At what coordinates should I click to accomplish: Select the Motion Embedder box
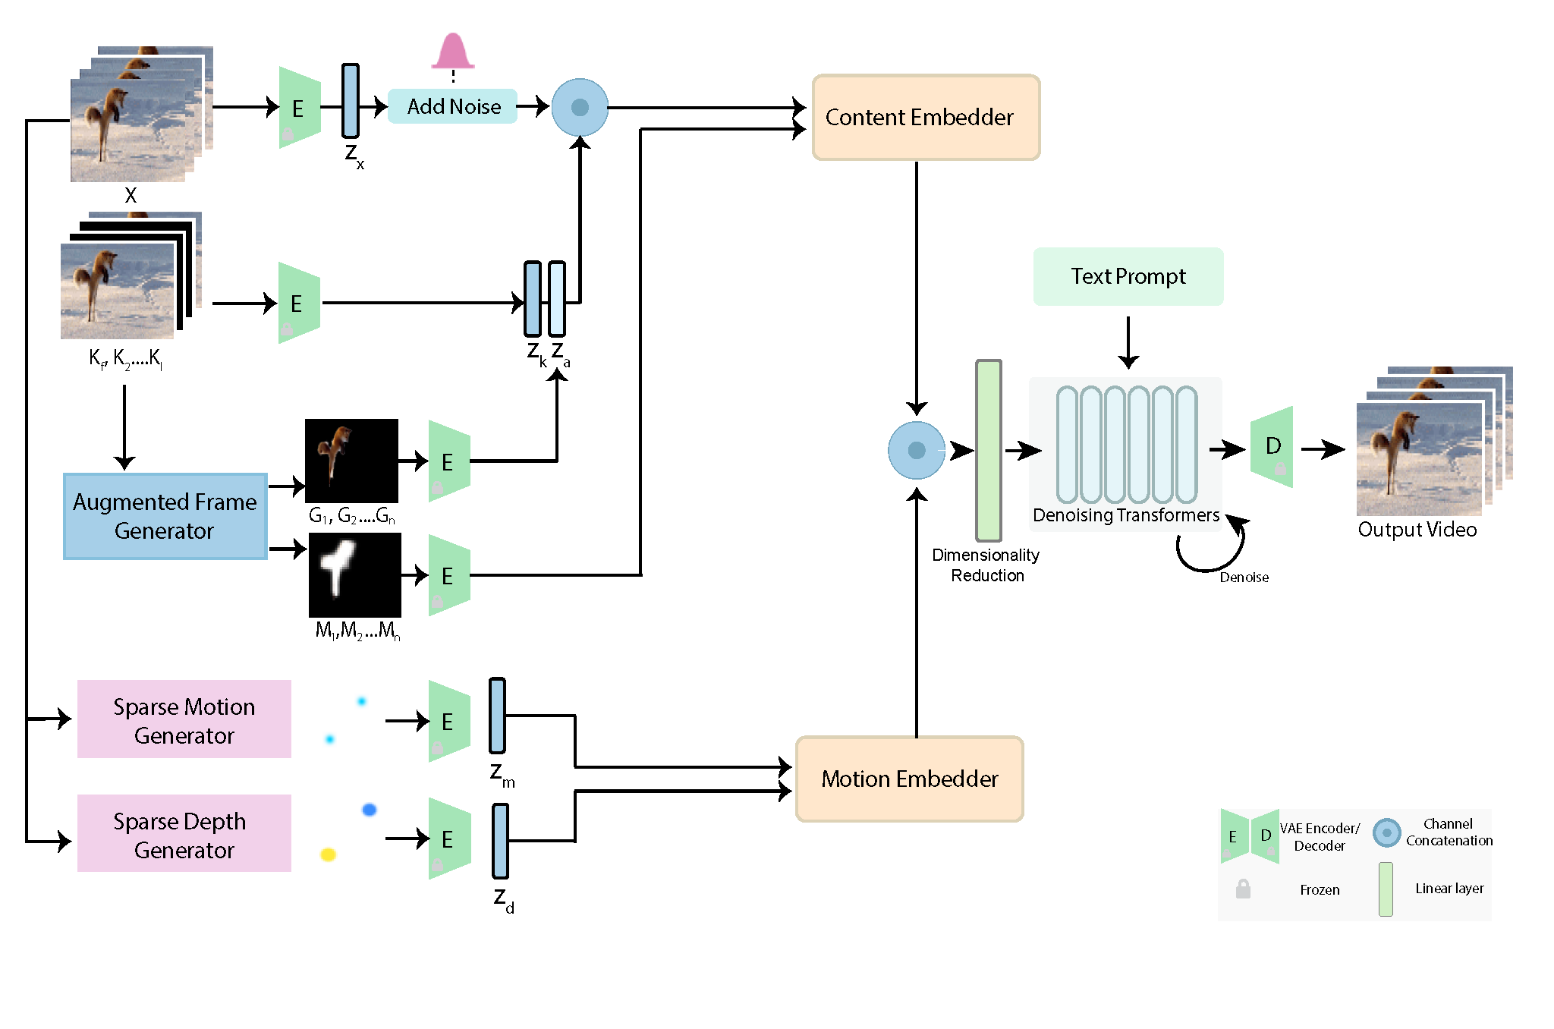click(909, 779)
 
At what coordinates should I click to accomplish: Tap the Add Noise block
click(453, 106)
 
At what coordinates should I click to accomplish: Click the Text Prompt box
click(1128, 276)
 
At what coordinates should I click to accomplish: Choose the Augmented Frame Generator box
click(165, 516)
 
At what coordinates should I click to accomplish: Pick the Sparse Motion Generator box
click(184, 719)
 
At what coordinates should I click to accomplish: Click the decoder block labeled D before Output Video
click(1272, 447)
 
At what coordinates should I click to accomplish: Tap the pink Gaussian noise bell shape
click(453, 52)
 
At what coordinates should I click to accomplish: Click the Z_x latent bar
click(350, 100)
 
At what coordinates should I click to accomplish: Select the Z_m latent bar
click(497, 716)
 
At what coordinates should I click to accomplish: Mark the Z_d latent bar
click(500, 841)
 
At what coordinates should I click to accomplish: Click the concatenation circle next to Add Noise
click(580, 107)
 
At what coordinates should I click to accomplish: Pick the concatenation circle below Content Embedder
click(917, 450)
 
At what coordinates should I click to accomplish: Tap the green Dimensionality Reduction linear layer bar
click(988, 450)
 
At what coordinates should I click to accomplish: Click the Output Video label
click(1417, 530)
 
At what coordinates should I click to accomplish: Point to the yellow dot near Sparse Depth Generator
click(328, 854)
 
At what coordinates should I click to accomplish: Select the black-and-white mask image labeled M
click(354, 575)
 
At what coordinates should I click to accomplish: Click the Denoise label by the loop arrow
click(1244, 577)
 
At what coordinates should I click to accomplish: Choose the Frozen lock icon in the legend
click(1243, 889)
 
